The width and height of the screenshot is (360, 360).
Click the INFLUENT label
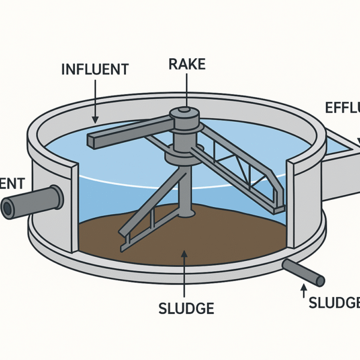click(95, 69)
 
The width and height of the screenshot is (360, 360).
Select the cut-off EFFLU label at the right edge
click(342, 109)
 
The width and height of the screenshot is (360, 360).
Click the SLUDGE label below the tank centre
click(186, 308)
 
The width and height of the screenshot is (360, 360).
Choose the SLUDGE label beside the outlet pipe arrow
click(334, 303)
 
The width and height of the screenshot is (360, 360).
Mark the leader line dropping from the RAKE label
click(187, 90)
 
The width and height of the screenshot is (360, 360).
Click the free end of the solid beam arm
click(93, 140)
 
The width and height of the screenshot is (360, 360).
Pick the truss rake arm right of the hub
click(240, 168)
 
